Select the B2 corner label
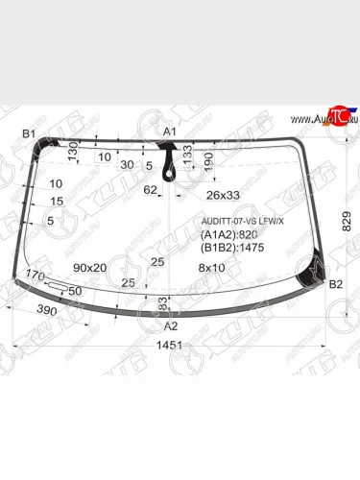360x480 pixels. pos(336,285)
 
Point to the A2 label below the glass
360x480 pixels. pos(171,325)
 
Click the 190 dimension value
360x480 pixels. pos(208,162)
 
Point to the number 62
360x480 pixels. pos(150,190)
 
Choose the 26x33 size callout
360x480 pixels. pos(222,195)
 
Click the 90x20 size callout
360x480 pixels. pos(89,267)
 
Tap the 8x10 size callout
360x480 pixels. pos(210,267)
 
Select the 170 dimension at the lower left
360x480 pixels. pos(36,276)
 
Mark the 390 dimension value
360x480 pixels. pos(46,312)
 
